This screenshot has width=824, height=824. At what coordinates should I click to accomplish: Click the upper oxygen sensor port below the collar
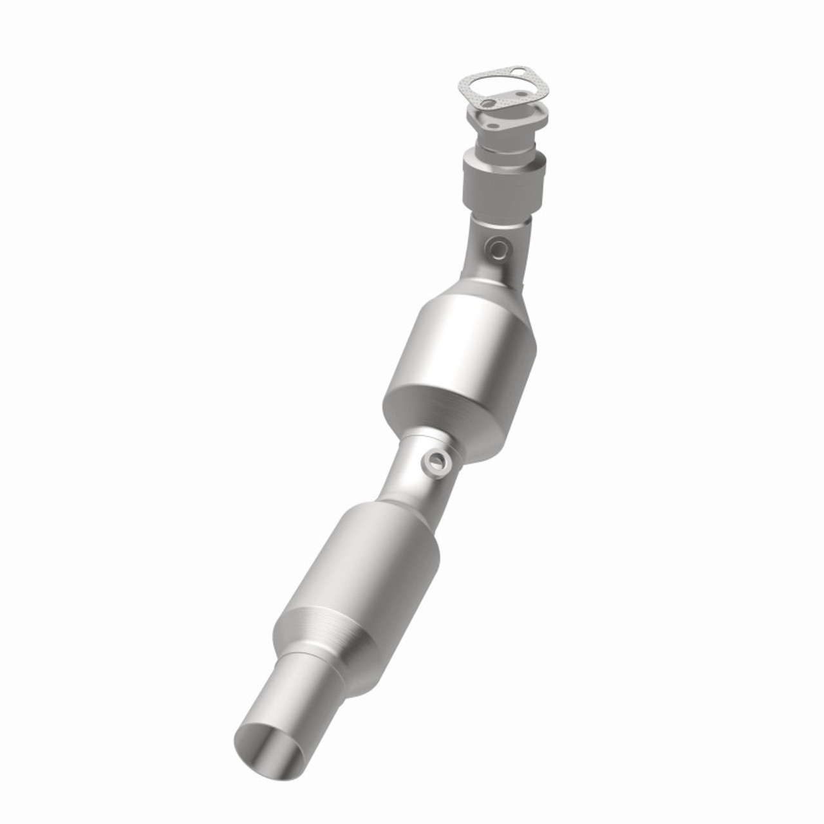tap(497, 246)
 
